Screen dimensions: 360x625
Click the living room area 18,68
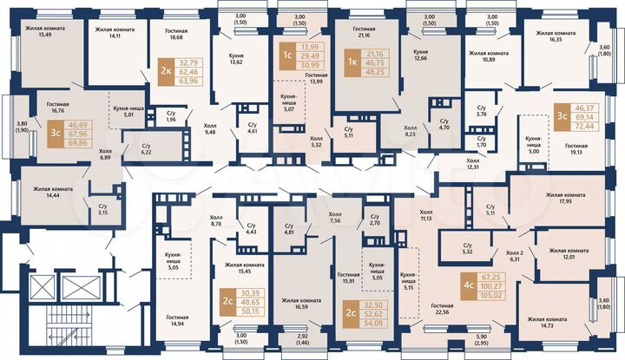tap(178, 37)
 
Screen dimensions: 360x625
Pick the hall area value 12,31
tap(473, 166)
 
